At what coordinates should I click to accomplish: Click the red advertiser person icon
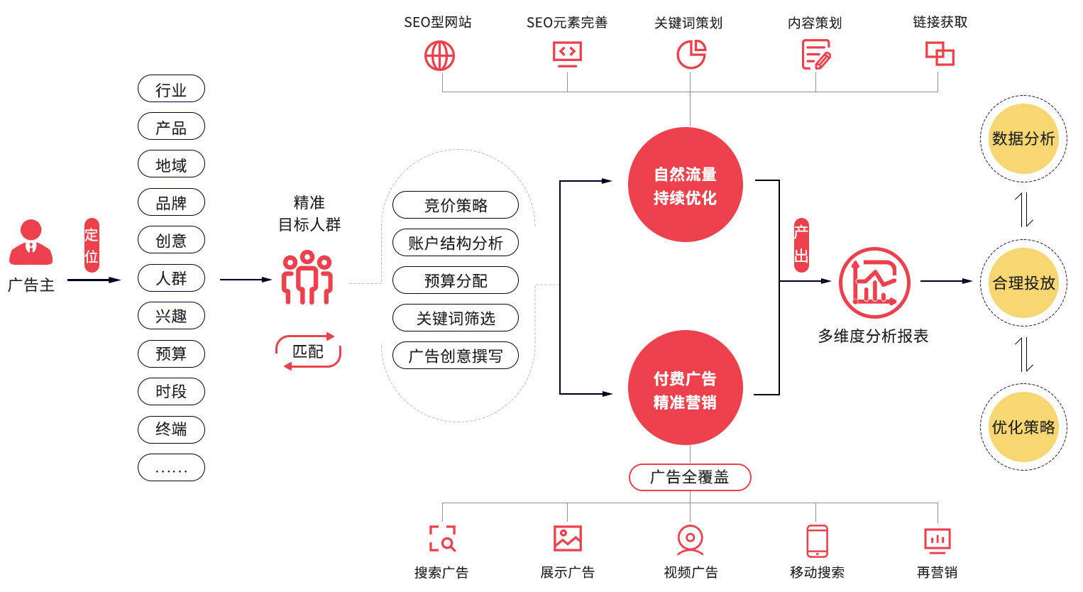31,243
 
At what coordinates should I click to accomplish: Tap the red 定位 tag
92,245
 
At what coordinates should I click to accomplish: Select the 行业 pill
171,89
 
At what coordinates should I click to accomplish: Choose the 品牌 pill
171,202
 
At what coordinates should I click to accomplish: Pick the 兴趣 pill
171,315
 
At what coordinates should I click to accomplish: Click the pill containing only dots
171,468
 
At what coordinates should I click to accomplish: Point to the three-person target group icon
307,278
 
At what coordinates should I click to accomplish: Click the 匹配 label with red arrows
308,351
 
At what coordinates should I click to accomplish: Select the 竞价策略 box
456,205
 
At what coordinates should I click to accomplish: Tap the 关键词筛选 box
456,318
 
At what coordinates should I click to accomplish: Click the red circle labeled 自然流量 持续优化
686,185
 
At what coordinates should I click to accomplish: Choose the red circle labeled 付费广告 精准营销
686,388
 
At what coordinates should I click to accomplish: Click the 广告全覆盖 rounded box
690,477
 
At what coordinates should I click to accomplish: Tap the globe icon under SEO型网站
439,55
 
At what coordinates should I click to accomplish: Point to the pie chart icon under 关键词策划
691,55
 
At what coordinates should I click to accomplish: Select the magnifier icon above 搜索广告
443,539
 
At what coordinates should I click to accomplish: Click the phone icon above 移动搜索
818,541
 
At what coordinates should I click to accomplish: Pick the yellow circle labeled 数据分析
1023,138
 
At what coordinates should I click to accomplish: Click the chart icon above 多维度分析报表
874,283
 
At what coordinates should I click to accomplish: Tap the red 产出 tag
801,245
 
